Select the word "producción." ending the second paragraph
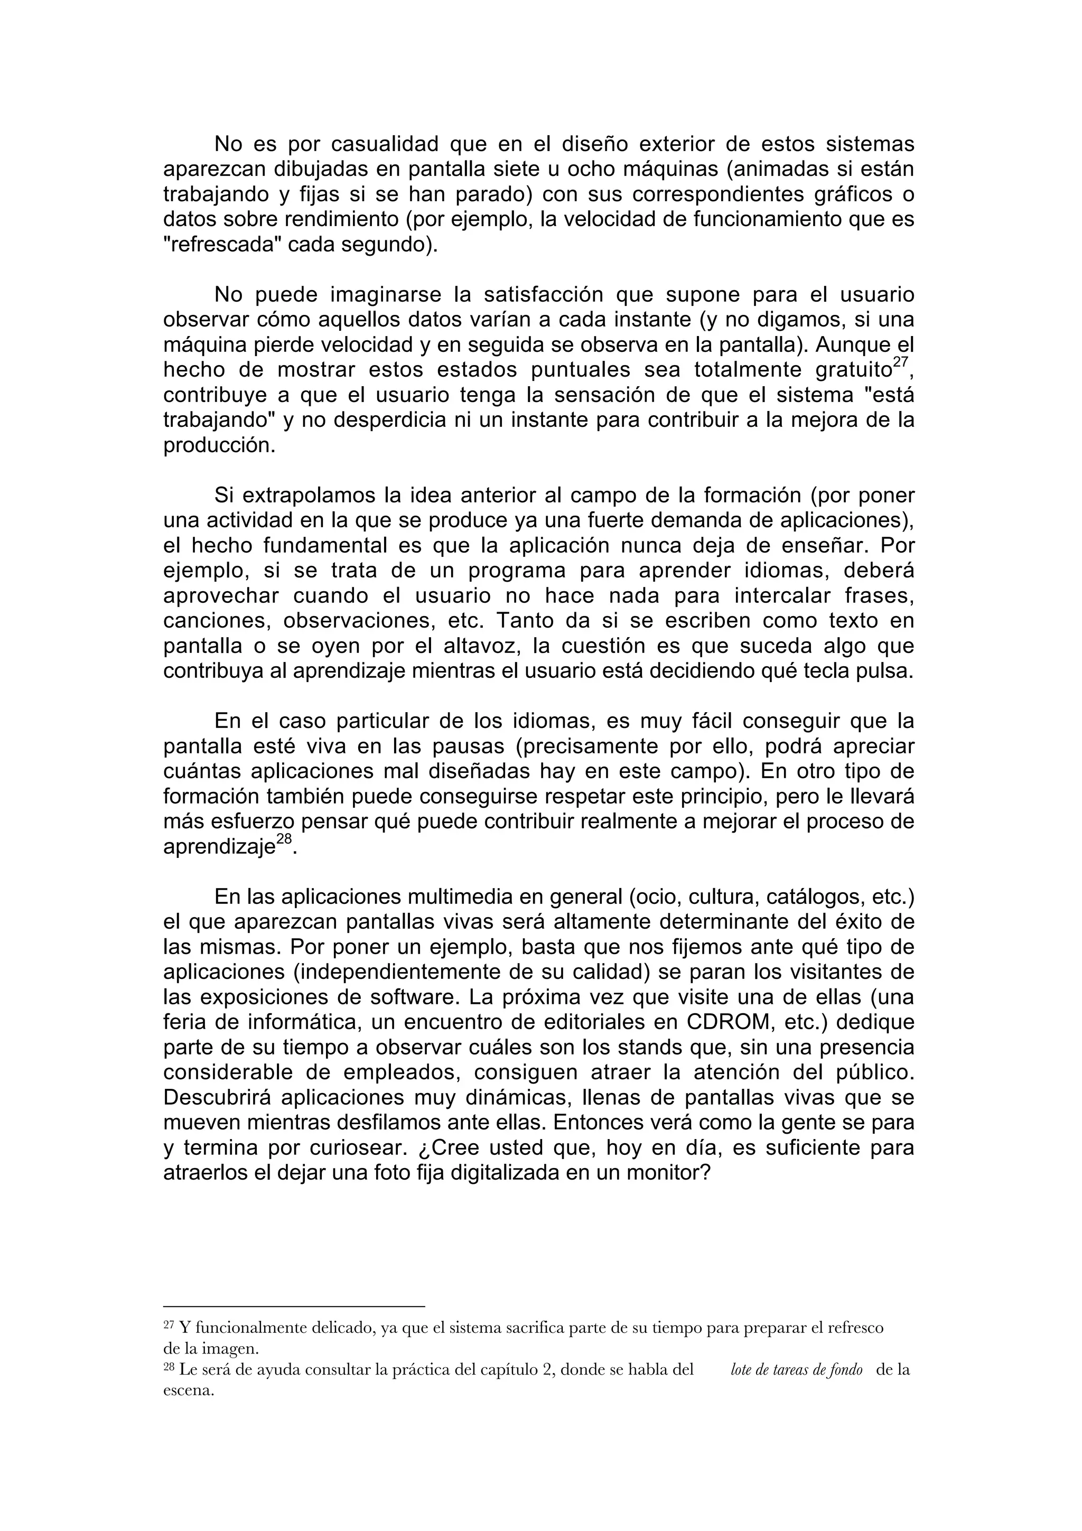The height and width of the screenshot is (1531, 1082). [219, 445]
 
